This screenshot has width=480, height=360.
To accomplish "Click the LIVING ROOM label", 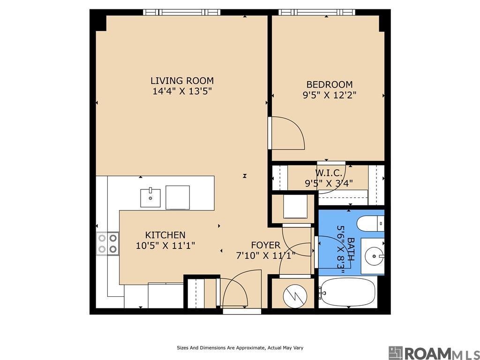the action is coord(182,81).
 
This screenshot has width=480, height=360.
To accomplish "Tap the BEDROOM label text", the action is coord(330,84).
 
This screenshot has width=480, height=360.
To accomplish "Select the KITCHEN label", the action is coord(165,235).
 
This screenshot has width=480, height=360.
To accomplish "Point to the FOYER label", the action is coord(266,245).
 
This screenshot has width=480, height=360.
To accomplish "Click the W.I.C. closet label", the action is coord(329,173).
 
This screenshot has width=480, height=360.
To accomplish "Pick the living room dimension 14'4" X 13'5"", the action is coord(182,91).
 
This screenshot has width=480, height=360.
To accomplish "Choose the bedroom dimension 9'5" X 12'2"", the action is coord(330,95).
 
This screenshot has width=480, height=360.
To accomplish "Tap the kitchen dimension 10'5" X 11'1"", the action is coord(165,246).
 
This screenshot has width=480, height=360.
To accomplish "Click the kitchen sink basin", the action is coord(150,198).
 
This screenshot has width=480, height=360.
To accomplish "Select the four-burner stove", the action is coord(107,244).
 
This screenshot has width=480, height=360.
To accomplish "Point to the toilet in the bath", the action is coord(370,224).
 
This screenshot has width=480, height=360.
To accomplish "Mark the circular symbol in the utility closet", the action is coord(295,296).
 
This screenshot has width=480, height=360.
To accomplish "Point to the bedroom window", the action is coord(316,12).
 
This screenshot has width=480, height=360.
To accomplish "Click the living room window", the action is coord(181,12).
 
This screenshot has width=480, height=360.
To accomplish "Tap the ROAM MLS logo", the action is coord(434,353).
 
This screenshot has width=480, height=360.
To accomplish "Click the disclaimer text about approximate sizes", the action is coord(240,348).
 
